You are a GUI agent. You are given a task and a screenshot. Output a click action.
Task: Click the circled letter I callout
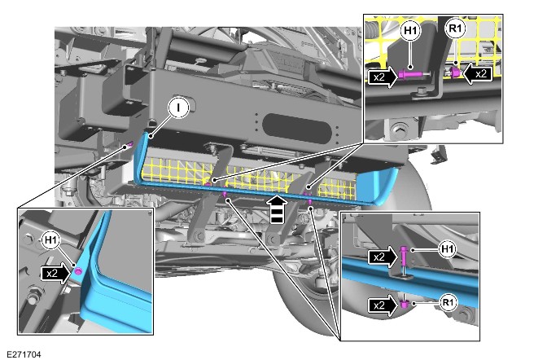pos(178,108)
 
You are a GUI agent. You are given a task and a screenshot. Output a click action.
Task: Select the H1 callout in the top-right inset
pos(410,31)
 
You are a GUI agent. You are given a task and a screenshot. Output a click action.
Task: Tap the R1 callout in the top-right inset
pos(456,28)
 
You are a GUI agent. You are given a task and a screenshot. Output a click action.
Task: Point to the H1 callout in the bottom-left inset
pos(51,240)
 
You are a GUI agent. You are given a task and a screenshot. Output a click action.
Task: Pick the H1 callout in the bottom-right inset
pos(447,249)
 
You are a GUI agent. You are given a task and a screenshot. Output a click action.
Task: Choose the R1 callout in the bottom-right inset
pos(447,302)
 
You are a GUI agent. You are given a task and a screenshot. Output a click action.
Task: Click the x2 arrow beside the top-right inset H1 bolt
pos(383,77)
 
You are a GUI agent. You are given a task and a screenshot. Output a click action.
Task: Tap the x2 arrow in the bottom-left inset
pos(56,273)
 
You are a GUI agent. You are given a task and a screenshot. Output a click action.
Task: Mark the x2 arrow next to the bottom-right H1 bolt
pos(383,257)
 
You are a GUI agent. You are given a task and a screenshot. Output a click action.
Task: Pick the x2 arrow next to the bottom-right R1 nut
pos(383,305)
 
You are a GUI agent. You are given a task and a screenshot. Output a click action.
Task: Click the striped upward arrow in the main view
pos(277,209)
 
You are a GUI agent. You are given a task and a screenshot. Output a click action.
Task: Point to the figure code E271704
pos(24,354)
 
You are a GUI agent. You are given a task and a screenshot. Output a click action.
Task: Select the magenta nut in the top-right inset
pos(455,72)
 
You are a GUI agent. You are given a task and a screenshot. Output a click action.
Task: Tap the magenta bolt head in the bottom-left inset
pos(78,270)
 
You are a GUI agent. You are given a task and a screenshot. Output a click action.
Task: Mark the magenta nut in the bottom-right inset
pos(404,304)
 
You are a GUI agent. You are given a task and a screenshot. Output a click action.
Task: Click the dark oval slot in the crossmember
pos(297,128)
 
